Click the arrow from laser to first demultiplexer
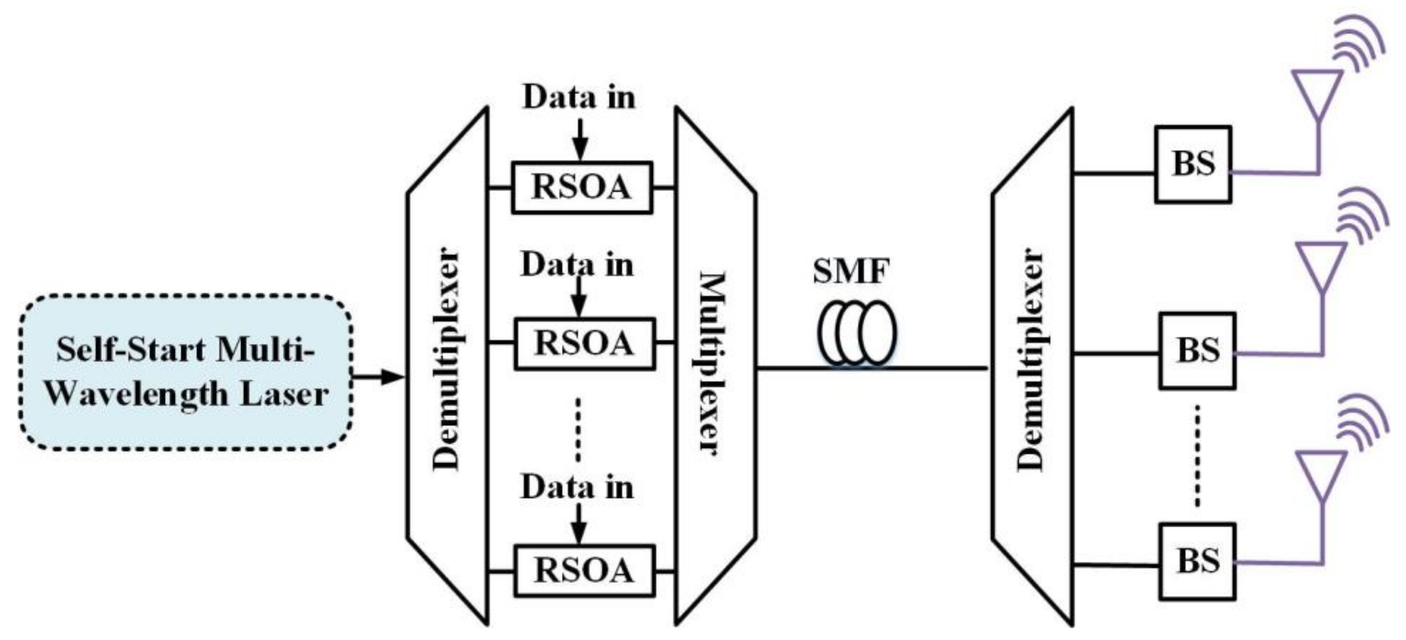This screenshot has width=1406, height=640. [382, 376]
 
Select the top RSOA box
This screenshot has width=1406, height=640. [581, 187]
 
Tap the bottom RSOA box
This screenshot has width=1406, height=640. [584, 571]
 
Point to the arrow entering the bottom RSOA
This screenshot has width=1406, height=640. [579, 525]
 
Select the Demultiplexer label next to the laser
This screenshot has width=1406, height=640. [446, 360]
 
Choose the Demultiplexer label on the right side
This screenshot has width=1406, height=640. [1031, 360]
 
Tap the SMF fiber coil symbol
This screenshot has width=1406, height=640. [857, 333]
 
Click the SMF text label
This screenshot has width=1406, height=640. [851, 271]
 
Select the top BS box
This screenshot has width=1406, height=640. [1193, 165]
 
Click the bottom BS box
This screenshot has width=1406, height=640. [1197, 561]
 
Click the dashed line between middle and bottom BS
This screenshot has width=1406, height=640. [1197, 456]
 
